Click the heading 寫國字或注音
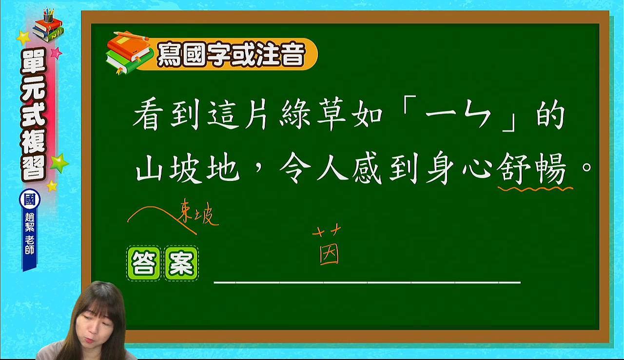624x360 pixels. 231,54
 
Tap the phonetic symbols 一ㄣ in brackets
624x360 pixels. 458,115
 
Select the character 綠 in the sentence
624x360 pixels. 295,114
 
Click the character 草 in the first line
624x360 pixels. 331,114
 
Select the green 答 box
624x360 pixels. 143,263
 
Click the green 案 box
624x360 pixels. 181,263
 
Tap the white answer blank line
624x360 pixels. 367,282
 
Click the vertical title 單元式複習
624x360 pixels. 33,115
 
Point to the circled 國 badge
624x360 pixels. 30,199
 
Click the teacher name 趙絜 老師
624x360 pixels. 30,234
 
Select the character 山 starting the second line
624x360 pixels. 149,168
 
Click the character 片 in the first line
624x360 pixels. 256,114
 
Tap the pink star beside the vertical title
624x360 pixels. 56,53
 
